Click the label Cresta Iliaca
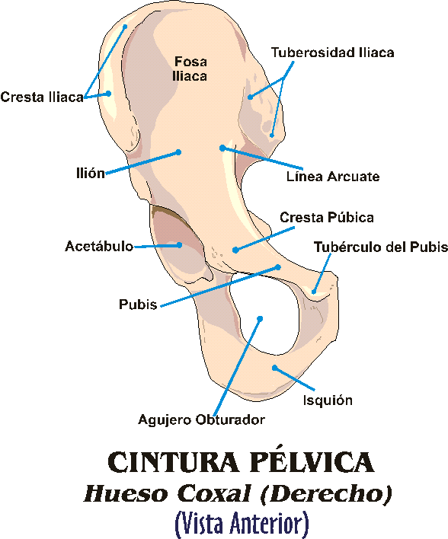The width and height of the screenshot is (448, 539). pos(42,97)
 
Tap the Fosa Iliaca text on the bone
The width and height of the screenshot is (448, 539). pos(190,69)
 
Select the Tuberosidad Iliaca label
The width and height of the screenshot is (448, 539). pos(332,53)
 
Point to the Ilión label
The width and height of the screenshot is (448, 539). pos(91,173)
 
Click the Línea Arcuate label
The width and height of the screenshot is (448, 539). pos(333,177)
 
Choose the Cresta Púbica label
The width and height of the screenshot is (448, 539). pos(327,217)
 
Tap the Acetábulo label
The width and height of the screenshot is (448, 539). pos(99,246)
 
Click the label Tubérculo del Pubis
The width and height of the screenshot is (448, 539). pos(380,247)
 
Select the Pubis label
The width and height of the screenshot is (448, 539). pos(138,305)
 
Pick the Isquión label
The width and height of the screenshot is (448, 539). pos(328,400)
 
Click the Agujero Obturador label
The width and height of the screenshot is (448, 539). pos(202,419)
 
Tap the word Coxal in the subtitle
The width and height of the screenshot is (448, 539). pos(213,494)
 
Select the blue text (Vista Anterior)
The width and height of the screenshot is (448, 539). pos(242,523)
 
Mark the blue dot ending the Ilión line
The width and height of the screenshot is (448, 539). pos(178,152)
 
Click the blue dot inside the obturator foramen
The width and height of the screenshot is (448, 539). pos(260,319)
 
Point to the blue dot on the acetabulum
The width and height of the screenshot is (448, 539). pos(179,245)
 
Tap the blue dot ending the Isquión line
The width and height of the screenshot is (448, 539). pos(274,368)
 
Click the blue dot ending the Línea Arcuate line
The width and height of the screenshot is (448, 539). pos(222,148)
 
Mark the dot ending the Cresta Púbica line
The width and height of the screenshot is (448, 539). pos(235,250)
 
